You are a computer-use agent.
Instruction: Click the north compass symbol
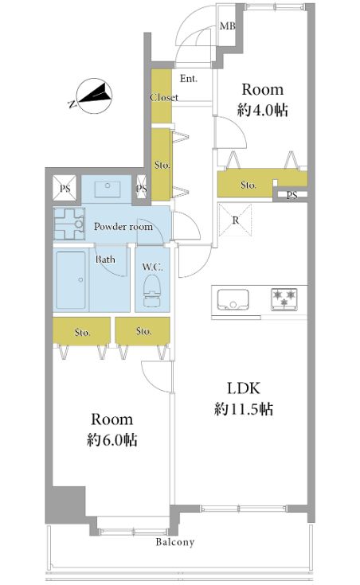click(94, 96)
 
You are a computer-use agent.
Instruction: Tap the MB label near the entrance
click(228, 26)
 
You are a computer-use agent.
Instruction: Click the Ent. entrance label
click(189, 78)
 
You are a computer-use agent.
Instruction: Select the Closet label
click(164, 97)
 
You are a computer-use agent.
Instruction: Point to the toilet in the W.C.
click(152, 291)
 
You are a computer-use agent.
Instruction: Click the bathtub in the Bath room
click(71, 280)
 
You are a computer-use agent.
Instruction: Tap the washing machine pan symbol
click(68, 224)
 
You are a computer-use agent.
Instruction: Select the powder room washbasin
click(108, 189)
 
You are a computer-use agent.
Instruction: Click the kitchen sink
click(233, 299)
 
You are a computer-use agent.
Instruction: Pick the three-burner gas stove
click(284, 299)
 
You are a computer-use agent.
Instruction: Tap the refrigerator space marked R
click(235, 220)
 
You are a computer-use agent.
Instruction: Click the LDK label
click(244, 388)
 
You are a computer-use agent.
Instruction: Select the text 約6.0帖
click(112, 440)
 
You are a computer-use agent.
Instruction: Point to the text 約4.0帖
click(263, 110)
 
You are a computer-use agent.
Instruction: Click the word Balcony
click(175, 542)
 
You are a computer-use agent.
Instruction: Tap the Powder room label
click(123, 227)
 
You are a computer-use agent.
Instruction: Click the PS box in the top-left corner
click(65, 189)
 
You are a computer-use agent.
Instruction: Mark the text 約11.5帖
click(244, 409)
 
